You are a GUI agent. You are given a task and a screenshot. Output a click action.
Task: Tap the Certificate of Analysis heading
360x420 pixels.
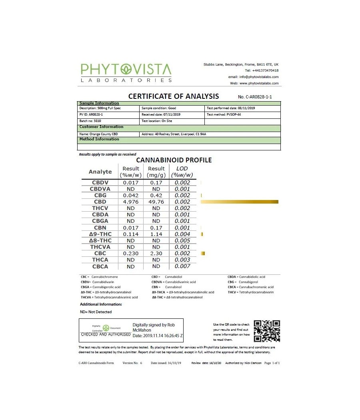(x=173, y=96)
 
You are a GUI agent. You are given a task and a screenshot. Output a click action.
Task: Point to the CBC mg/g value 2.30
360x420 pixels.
(x=156, y=253)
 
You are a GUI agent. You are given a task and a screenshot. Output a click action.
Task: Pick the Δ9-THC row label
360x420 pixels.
(x=100, y=234)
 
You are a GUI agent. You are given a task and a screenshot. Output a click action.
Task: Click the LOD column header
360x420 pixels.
(x=182, y=172)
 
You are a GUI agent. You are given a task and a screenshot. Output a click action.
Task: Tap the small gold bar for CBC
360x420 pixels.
(x=203, y=253)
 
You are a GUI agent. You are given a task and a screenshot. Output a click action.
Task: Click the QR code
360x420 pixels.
(x=267, y=331)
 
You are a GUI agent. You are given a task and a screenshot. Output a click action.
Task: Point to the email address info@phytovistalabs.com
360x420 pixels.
(x=253, y=77)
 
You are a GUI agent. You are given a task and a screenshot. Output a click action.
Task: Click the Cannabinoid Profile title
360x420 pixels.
(x=174, y=160)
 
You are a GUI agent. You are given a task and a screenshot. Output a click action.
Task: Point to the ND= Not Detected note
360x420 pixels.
(x=96, y=312)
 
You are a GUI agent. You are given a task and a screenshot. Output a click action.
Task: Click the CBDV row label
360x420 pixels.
(x=100, y=183)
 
